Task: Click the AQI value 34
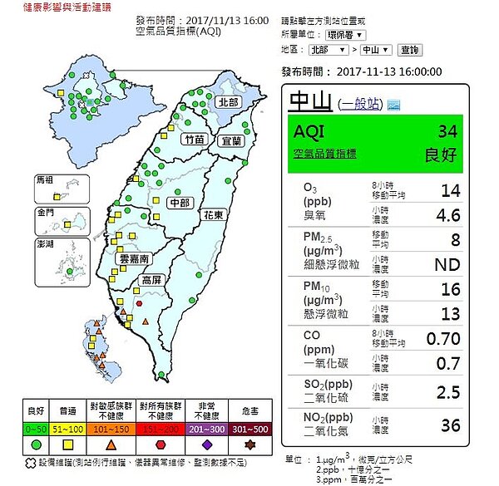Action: (x=447, y=131)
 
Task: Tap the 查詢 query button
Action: (x=411, y=51)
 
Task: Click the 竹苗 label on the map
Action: (x=195, y=140)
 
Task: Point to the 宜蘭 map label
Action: (x=230, y=142)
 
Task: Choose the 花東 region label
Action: (x=212, y=215)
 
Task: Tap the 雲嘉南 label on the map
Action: (x=132, y=258)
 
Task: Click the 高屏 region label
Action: (x=152, y=281)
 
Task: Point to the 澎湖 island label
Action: (x=44, y=245)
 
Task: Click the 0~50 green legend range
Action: (x=37, y=430)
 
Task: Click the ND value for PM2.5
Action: (x=447, y=264)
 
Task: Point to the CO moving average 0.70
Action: (x=444, y=338)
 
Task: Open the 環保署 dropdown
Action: (x=343, y=36)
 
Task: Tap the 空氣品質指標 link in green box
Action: (x=325, y=153)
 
